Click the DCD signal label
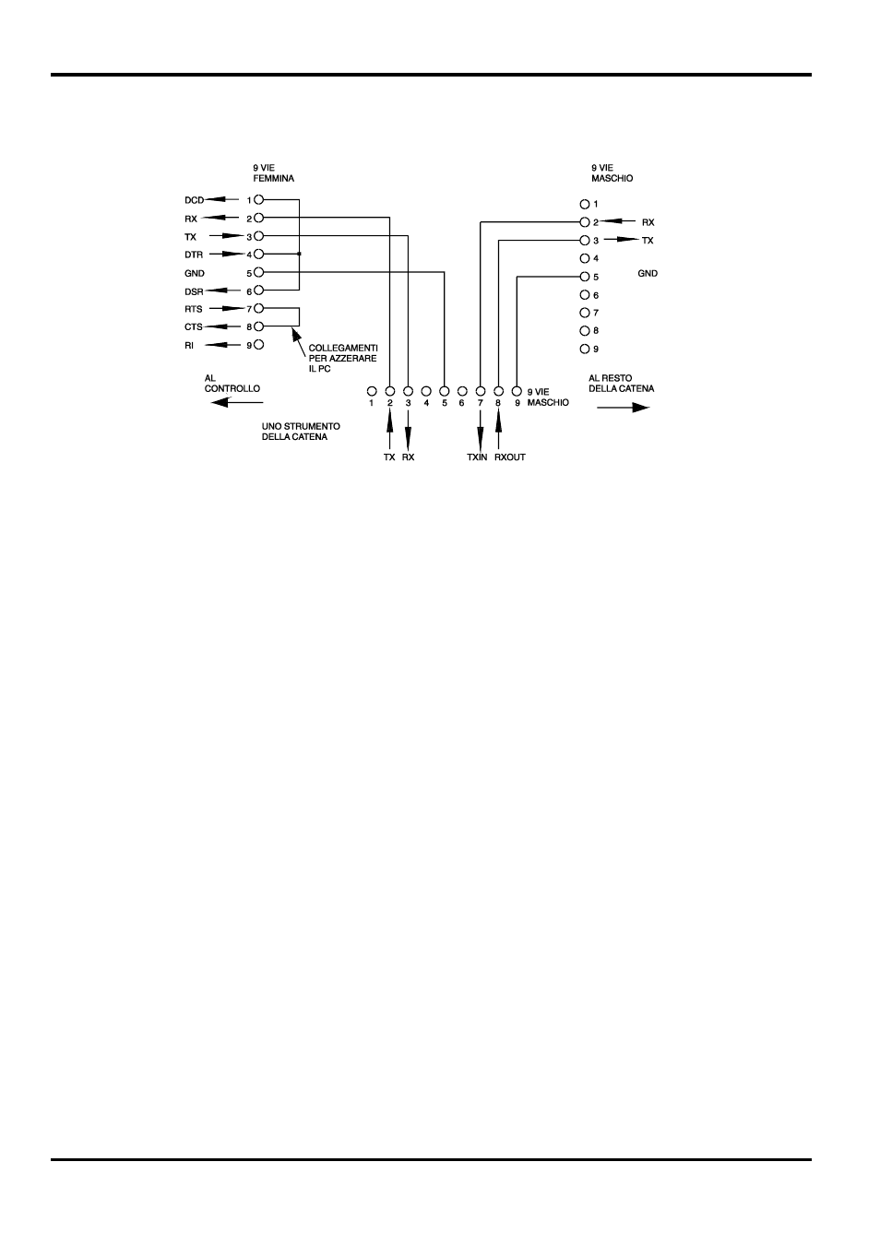pos(194,200)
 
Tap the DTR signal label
pos(194,255)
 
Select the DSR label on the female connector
pos(194,291)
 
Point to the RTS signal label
pos(194,309)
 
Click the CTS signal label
pos(194,326)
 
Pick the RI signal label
pos(189,345)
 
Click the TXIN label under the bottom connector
pos(477,457)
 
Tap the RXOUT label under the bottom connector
pos(510,457)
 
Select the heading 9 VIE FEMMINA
pos(273,173)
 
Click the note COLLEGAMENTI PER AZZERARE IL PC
pos(342,358)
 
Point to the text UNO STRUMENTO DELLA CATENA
pos(301,432)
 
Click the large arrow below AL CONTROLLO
pos(237,401)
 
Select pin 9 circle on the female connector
pos(259,345)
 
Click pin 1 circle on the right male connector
pos(584,204)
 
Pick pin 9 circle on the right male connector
pos(584,349)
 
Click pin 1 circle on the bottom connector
pos(372,391)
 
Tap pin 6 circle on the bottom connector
pos(462,391)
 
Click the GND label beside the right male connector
pos(648,274)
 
